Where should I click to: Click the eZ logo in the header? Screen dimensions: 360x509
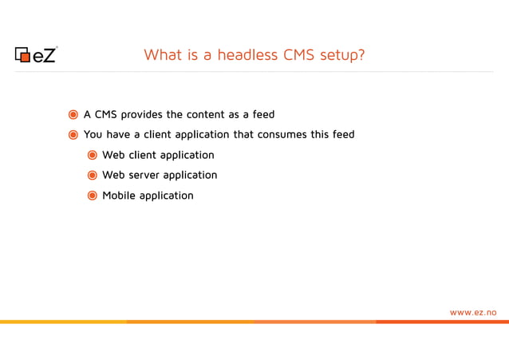coord(36,54)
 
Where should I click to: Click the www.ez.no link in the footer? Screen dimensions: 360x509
coord(473,312)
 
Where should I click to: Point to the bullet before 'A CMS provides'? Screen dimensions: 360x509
coord(73,114)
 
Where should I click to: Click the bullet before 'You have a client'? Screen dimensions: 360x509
coord(73,134)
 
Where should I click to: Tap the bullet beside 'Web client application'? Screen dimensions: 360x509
coord(93,155)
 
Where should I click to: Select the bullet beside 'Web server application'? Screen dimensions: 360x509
coord(93,175)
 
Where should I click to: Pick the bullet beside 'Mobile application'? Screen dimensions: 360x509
coord(93,196)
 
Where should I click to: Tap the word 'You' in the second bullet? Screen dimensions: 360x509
coord(93,134)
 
